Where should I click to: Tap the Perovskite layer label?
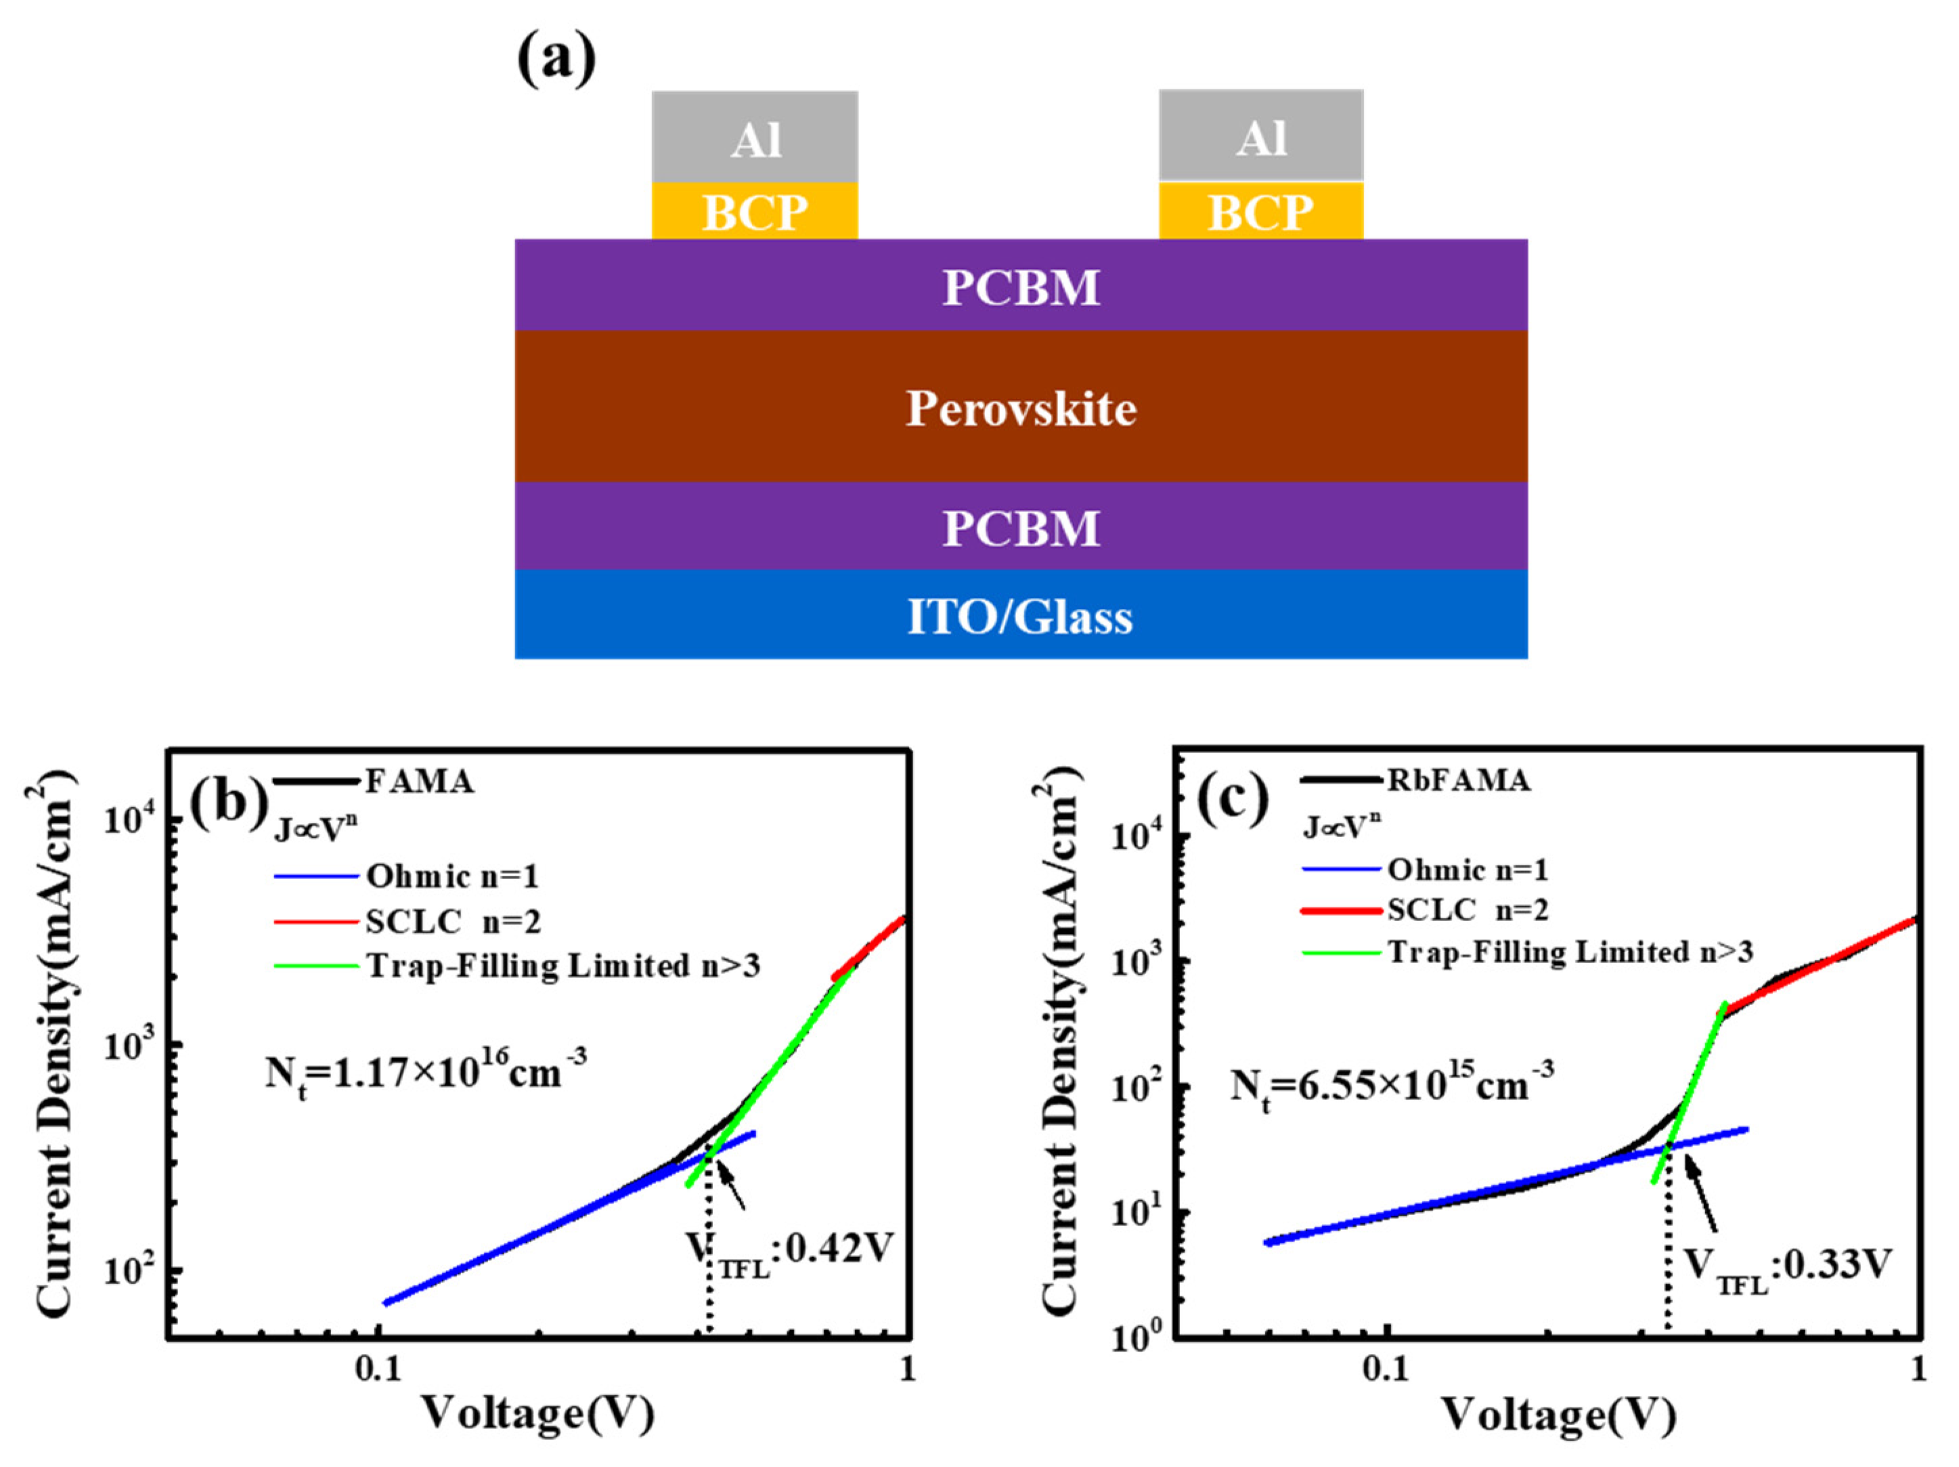coord(1020,409)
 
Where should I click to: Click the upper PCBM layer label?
coord(1020,288)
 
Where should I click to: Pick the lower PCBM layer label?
coord(1020,529)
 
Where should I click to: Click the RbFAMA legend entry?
coord(1457,780)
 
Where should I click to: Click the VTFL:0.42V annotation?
coord(788,1251)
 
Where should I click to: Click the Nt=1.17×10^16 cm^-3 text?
coord(426,1073)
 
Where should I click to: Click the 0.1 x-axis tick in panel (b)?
coord(378,1369)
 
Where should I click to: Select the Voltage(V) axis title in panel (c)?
coord(1560,1414)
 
